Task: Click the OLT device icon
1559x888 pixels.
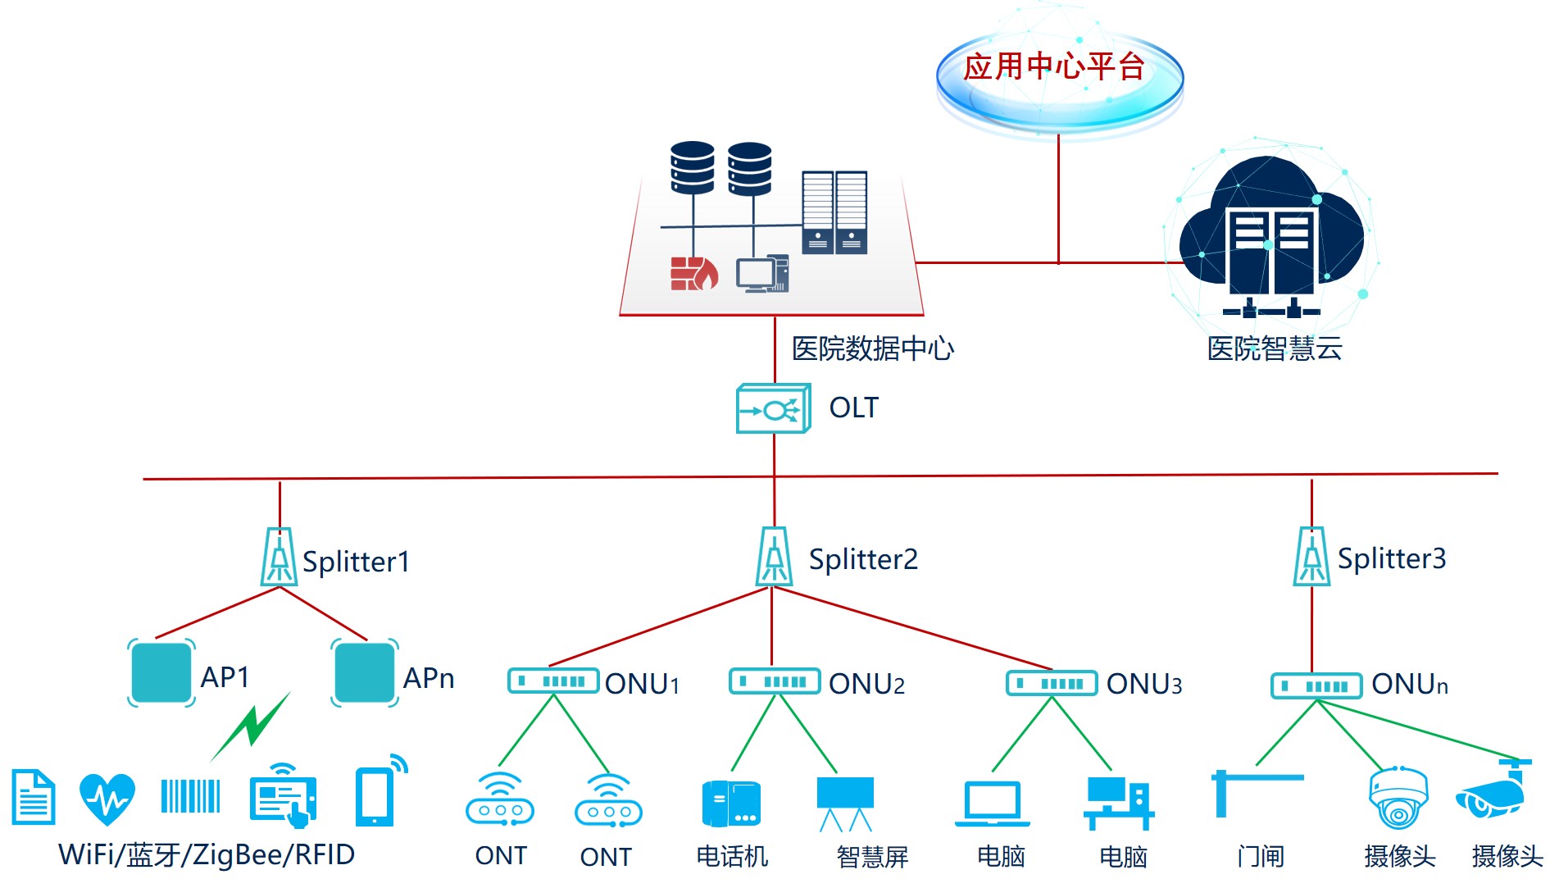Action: [773, 408]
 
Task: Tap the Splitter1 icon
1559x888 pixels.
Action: [279, 558]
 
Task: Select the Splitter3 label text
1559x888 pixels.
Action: [1391, 558]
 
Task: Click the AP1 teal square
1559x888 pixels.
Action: [161, 673]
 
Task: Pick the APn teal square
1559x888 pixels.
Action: [365, 673]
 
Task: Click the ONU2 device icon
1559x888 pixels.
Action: [775, 681]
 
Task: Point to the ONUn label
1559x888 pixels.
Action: [1409, 684]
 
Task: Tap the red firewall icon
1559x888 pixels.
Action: [693, 273]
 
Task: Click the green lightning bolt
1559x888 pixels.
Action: [252, 725]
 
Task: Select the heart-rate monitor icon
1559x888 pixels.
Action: [107, 798]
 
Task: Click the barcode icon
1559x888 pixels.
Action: [190, 796]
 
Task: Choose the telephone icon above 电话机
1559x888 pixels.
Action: [731, 804]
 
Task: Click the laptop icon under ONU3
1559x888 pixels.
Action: [992, 804]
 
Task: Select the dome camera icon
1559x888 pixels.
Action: [1398, 798]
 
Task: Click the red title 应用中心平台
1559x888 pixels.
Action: [1053, 66]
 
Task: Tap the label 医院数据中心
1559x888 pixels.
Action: [872, 348]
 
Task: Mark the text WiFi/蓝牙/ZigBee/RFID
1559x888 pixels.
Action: [207, 855]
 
